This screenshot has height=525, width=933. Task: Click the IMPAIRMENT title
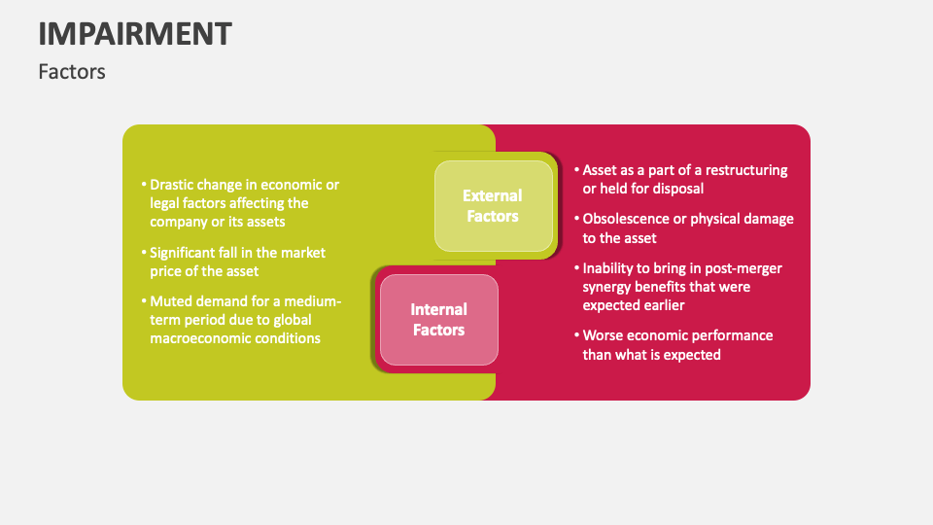click(135, 33)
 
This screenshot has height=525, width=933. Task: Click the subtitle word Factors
click(72, 72)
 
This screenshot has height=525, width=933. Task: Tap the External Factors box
click(493, 206)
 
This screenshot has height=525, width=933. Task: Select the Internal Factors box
click(439, 320)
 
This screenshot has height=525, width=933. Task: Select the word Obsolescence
click(628, 219)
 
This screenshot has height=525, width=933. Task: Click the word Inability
click(611, 267)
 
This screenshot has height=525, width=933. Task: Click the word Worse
click(605, 335)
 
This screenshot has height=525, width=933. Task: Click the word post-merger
click(742, 267)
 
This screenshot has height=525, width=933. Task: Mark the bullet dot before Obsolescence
click(576, 219)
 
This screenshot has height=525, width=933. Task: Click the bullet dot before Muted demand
click(144, 300)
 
